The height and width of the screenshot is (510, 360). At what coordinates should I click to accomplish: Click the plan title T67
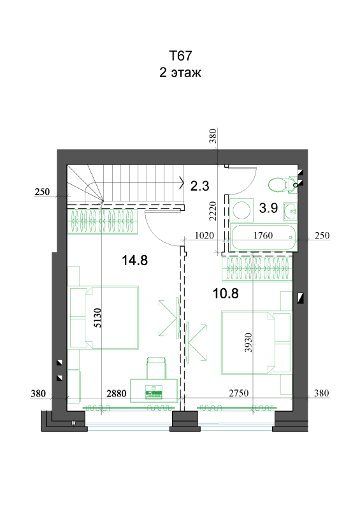click(180, 56)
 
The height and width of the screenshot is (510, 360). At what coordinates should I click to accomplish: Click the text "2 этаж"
click(180, 72)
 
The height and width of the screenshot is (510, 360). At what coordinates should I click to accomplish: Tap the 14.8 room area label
click(134, 260)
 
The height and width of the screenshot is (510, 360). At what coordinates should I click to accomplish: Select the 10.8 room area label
click(226, 293)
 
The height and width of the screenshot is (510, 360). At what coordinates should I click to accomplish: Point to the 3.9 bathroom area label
click(268, 208)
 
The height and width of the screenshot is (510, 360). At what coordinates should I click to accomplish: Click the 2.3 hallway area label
click(199, 186)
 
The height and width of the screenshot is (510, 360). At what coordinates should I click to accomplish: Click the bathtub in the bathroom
click(263, 237)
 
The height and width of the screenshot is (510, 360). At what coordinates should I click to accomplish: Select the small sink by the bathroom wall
click(290, 212)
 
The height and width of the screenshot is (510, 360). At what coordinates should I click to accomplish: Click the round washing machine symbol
click(241, 210)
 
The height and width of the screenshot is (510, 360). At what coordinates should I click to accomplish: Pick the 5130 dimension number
click(97, 317)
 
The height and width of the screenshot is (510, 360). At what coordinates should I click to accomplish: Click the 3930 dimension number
click(248, 342)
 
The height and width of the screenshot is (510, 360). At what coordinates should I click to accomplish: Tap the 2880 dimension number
click(117, 393)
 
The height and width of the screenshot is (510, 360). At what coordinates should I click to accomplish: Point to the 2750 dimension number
click(239, 393)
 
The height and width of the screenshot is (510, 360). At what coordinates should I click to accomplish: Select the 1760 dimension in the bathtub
click(263, 235)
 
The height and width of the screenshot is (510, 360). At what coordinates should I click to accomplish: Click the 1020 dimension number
click(205, 235)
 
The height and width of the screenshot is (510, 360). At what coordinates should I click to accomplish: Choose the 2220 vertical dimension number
click(212, 211)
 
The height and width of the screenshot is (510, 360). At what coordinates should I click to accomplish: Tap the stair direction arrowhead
click(182, 183)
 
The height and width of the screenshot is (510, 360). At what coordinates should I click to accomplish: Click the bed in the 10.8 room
click(256, 342)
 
